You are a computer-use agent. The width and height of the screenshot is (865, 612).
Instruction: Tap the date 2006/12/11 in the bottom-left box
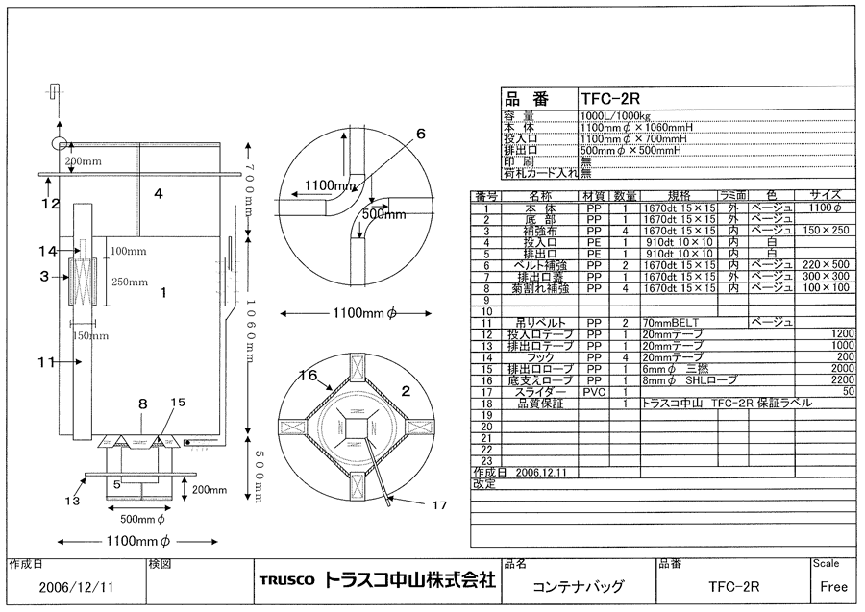(71, 586)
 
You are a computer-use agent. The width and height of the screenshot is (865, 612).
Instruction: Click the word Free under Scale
(832, 586)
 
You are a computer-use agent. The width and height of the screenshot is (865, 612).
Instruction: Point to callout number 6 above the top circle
(420, 134)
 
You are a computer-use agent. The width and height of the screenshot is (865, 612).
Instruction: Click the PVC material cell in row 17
(594, 390)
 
